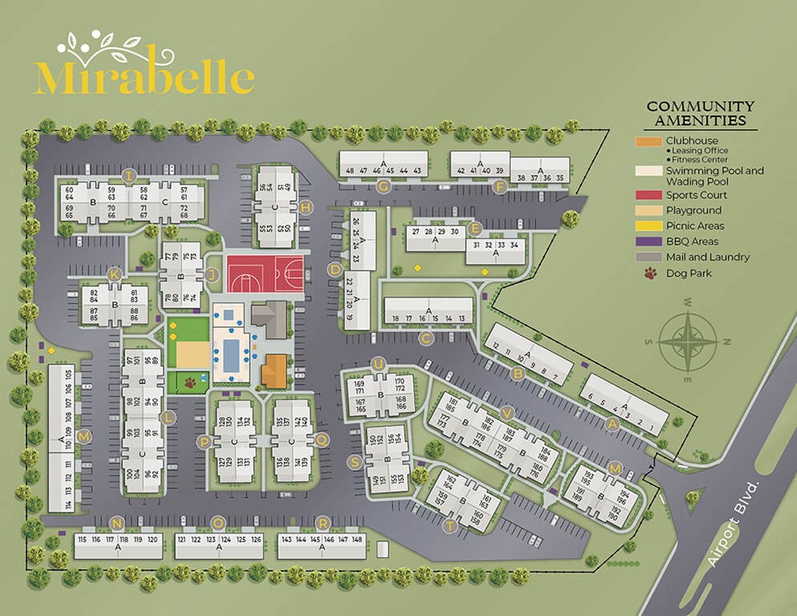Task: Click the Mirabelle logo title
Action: [x=144, y=74]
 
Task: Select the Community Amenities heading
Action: [x=700, y=114]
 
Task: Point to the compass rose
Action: [x=687, y=340]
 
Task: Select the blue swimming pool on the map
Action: [x=231, y=354]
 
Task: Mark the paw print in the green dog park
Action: [x=190, y=383]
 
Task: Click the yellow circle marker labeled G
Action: [x=383, y=187]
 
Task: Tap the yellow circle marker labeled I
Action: [x=127, y=176]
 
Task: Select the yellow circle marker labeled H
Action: [x=305, y=208]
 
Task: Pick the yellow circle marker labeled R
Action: [x=322, y=522]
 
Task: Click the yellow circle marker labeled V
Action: [x=506, y=412]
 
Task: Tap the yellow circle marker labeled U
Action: [x=378, y=365]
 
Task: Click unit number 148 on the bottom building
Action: [x=358, y=540]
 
